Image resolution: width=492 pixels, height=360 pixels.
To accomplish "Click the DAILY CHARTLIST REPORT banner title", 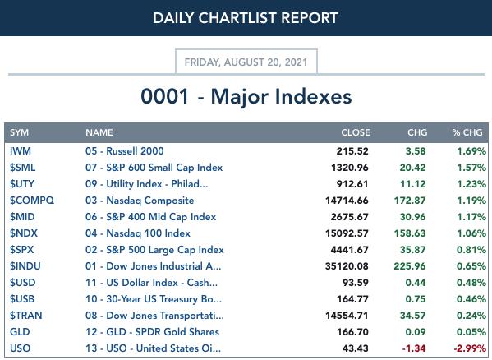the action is coord(246,18).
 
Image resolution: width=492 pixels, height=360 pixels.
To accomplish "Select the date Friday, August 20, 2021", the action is coord(246,62).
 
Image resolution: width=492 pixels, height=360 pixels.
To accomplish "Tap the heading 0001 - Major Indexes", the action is coord(246,96).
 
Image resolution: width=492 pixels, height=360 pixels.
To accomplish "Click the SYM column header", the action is coord(19,132).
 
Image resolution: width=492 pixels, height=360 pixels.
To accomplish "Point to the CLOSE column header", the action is coord(356,132).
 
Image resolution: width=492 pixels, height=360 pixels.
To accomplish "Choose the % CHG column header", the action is coord(467,132).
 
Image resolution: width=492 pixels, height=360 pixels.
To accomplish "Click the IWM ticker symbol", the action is coord(21,151).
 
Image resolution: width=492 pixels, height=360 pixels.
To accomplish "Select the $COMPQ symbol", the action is coord(32,201).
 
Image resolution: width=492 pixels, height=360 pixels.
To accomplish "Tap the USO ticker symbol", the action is coord(20,348).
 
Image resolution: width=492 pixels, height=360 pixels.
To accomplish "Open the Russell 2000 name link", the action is coord(125,151).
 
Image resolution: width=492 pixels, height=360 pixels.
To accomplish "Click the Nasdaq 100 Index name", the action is coord(138,233).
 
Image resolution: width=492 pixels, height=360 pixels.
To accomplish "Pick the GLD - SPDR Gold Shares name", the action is coord(152,332).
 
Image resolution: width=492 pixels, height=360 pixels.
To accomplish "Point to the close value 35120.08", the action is coord(347,266).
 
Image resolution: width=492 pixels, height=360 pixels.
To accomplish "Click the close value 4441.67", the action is coord(350,250).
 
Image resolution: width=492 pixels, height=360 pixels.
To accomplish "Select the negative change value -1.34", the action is coord(414,348).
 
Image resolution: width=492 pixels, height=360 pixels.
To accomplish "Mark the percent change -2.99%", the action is coord(470,348).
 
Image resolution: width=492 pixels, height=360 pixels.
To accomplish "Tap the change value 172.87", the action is coord(410,201).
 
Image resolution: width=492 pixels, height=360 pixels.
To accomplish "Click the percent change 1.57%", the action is coord(471,168).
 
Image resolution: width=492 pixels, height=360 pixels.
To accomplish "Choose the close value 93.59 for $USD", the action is coord(355,283).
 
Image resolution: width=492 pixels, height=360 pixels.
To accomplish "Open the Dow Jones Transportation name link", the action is coord(154,316).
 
